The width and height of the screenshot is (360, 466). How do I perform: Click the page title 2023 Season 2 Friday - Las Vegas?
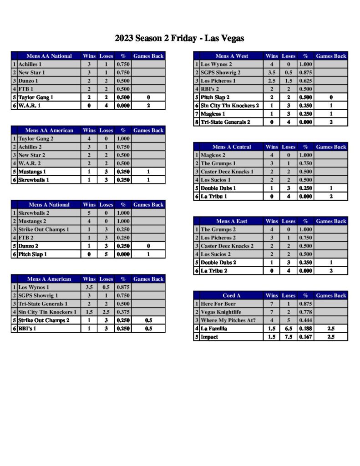click(179, 38)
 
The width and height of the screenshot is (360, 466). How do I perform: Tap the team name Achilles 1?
click(30, 64)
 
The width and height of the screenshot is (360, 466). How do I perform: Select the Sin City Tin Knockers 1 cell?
click(47, 312)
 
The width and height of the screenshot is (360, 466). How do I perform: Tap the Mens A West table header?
click(232, 56)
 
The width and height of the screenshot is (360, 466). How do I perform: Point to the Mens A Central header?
click(232, 147)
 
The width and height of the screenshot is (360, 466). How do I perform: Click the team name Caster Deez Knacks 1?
click(227, 172)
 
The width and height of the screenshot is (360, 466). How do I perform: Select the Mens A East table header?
click(232, 221)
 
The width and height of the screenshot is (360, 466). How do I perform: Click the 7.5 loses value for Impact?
click(289, 337)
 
